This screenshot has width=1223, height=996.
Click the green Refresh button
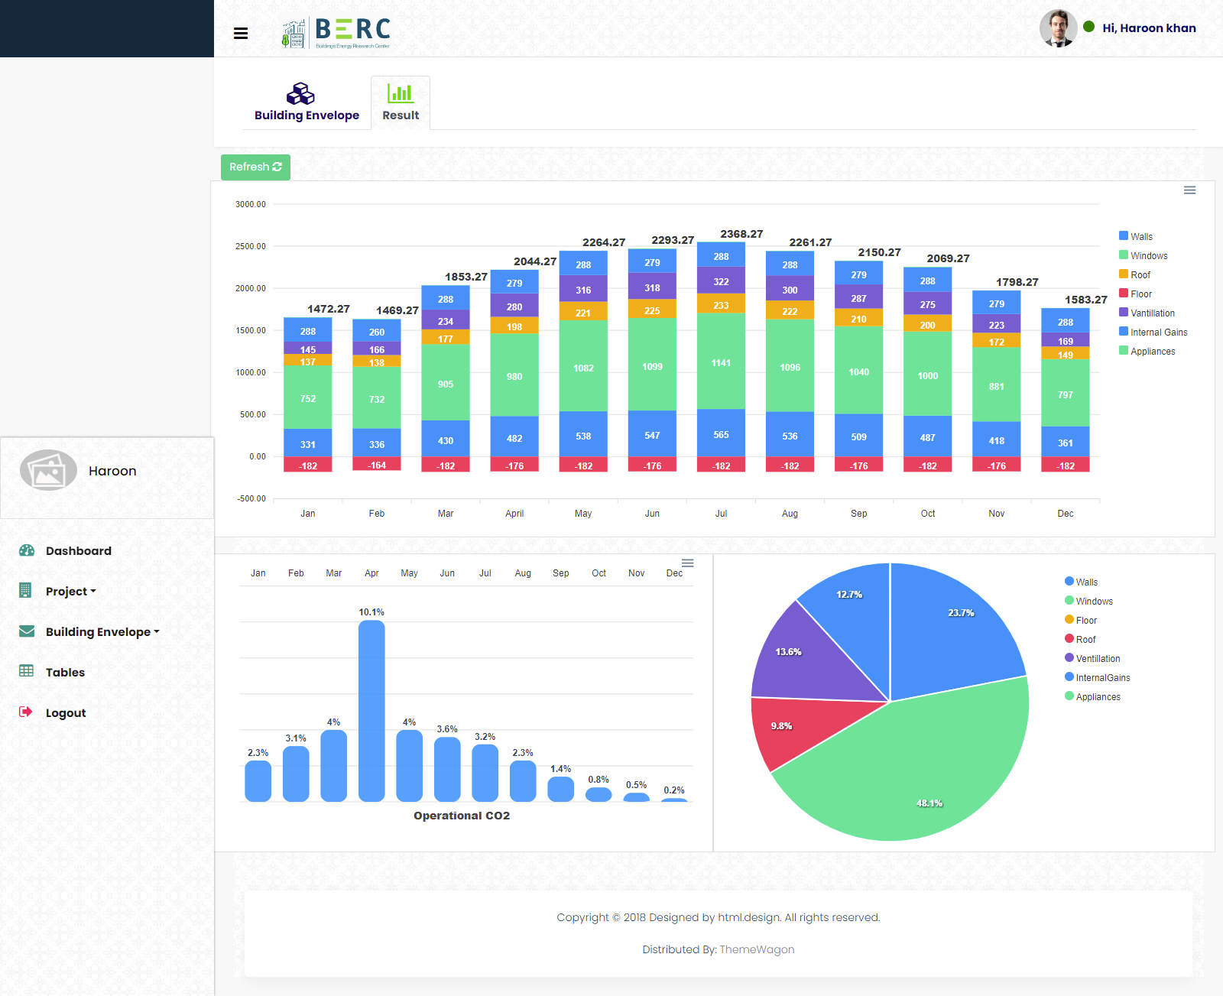click(x=255, y=167)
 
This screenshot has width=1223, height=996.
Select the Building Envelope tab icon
click(x=300, y=94)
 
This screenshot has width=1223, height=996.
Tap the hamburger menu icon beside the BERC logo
click(x=241, y=33)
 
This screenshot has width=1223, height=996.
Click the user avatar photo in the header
click(x=1058, y=28)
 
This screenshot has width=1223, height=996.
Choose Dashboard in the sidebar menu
click(x=78, y=551)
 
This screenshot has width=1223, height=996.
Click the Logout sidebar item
click(x=65, y=713)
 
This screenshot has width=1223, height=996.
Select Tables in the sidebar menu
click(x=65, y=673)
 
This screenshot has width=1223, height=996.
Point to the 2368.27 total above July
click(x=741, y=234)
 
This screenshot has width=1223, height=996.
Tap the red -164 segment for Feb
click(x=377, y=465)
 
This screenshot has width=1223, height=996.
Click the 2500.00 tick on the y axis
click(x=251, y=246)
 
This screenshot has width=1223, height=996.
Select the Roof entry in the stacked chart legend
click(x=1140, y=275)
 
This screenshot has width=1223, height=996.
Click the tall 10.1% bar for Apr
click(x=371, y=711)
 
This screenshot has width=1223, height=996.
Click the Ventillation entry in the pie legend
click(x=1098, y=659)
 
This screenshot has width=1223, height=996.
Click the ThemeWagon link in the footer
click(x=757, y=949)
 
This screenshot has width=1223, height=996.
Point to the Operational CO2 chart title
click(x=462, y=816)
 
